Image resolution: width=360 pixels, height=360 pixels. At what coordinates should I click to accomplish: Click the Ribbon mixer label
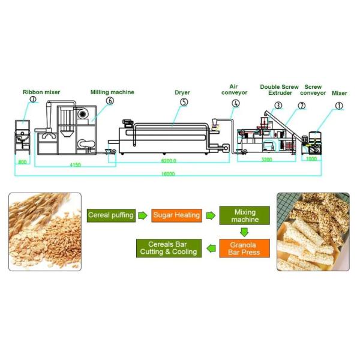tap(41, 92)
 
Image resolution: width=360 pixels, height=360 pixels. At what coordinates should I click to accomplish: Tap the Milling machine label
tap(112, 92)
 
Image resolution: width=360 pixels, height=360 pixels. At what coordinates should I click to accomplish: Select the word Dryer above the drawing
tap(182, 92)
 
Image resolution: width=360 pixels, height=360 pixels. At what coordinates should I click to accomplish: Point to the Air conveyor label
tap(234, 89)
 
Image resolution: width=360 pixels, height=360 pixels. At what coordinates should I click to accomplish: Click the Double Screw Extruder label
tap(279, 89)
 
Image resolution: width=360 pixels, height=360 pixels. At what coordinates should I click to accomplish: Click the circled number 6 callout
tap(110, 101)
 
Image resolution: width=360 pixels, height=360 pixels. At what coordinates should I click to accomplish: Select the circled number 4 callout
tap(236, 103)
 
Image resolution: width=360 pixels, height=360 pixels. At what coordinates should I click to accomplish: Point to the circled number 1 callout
tap(339, 105)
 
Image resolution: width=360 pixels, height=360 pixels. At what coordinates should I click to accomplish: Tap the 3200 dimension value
tap(266, 160)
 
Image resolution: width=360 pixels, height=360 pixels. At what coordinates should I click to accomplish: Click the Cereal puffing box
tap(110, 214)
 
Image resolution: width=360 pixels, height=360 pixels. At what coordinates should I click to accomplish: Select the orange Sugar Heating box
tap(176, 215)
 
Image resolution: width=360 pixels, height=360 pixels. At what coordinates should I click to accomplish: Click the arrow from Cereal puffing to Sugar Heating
tap(143, 215)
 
